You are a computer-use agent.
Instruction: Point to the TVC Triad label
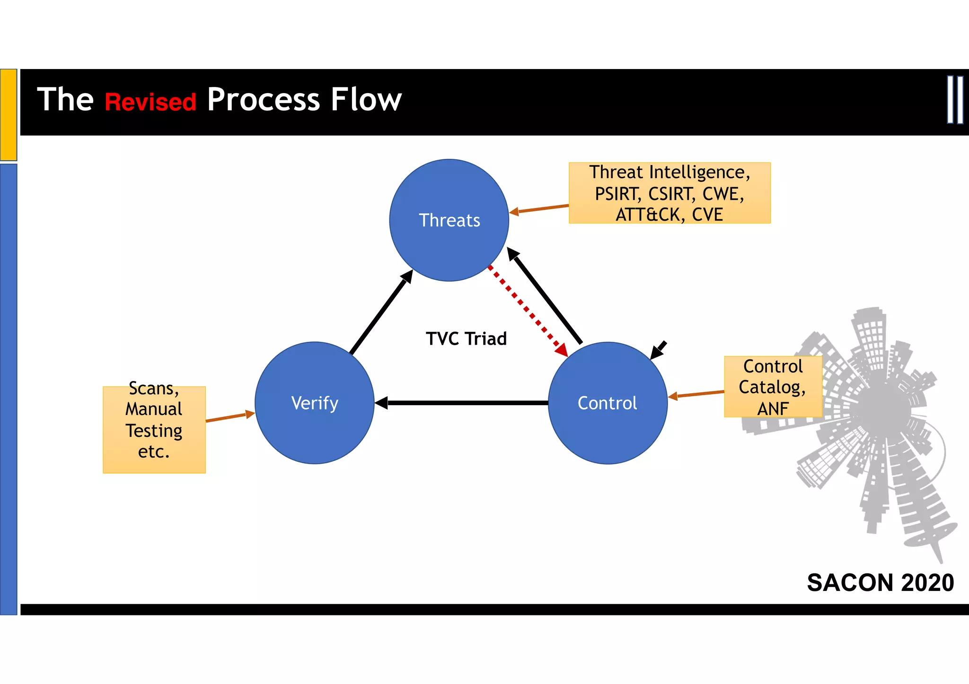[x=466, y=338]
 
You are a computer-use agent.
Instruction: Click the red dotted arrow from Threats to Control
[x=528, y=310]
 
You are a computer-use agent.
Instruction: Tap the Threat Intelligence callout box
[x=669, y=193]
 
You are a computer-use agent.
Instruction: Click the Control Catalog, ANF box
[x=773, y=387]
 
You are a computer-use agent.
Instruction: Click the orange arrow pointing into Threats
[x=539, y=209]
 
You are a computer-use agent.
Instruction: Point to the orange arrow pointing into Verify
[x=230, y=417]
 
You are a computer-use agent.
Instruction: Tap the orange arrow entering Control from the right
[x=696, y=394]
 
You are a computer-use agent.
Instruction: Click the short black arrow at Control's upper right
[x=658, y=350]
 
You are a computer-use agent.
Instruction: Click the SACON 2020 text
[x=880, y=582]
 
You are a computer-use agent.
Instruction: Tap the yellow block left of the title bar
[x=9, y=114]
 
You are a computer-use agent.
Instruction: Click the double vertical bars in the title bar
[x=955, y=100]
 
